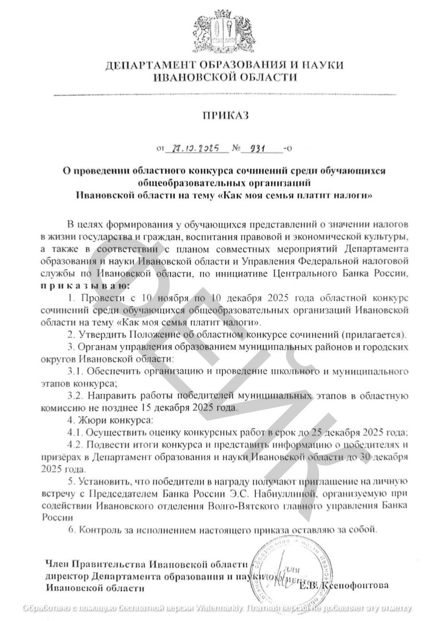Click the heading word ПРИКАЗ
(225, 115)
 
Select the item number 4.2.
(76, 445)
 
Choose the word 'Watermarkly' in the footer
(220, 607)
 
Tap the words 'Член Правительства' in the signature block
(95, 564)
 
